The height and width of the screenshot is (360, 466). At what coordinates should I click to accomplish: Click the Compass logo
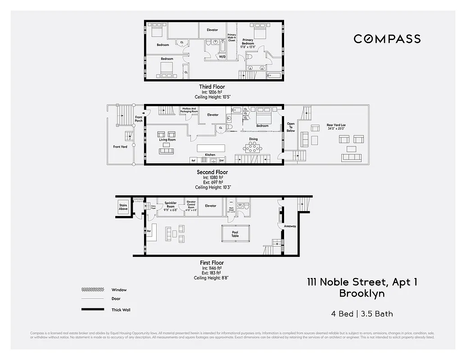[x=387, y=39]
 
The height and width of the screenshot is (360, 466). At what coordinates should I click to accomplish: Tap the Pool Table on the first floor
[x=235, y=234]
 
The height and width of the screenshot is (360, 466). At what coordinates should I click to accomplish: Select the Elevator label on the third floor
[x=212, y=30]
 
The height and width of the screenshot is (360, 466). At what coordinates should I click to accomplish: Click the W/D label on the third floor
[x=222, y=57]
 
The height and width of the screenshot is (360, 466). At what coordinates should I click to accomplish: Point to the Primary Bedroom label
[x=248, y=42]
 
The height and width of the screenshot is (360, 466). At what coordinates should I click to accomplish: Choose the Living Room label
[x=167, y=140]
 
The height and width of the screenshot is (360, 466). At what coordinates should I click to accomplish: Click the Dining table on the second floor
[x=253, y=147]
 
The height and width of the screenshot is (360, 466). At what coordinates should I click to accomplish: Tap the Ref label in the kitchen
[x=193, y=160]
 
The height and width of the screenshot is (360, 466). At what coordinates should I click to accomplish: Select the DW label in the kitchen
[x=222, y=160]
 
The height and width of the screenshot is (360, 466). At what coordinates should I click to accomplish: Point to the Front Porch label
[x=139, y=119]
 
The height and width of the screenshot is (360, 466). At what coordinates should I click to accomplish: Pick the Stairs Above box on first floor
[x=123, y=207]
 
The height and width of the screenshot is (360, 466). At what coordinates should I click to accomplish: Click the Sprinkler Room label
[x=170, y=204]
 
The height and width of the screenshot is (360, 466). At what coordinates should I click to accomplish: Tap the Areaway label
[x=290, y=226]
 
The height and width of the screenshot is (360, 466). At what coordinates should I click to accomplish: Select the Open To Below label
[x=291, y=127]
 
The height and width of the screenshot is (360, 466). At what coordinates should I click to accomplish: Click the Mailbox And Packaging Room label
[x=189, y=110]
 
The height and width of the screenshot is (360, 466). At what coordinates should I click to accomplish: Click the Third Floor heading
[x=212, y=87]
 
